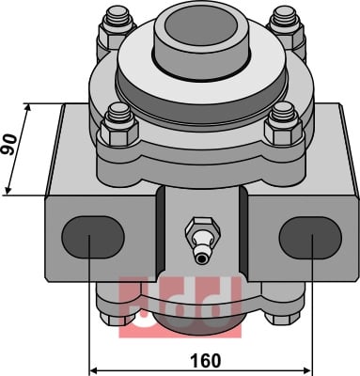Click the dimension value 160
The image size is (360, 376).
[x=207, y=361]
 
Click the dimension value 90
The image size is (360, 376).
[x=8, y=144]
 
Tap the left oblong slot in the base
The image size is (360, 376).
[x=93, y=237]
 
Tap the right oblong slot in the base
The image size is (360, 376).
[x=310, y=238]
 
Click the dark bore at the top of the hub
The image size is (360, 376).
[x=201, y=29]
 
